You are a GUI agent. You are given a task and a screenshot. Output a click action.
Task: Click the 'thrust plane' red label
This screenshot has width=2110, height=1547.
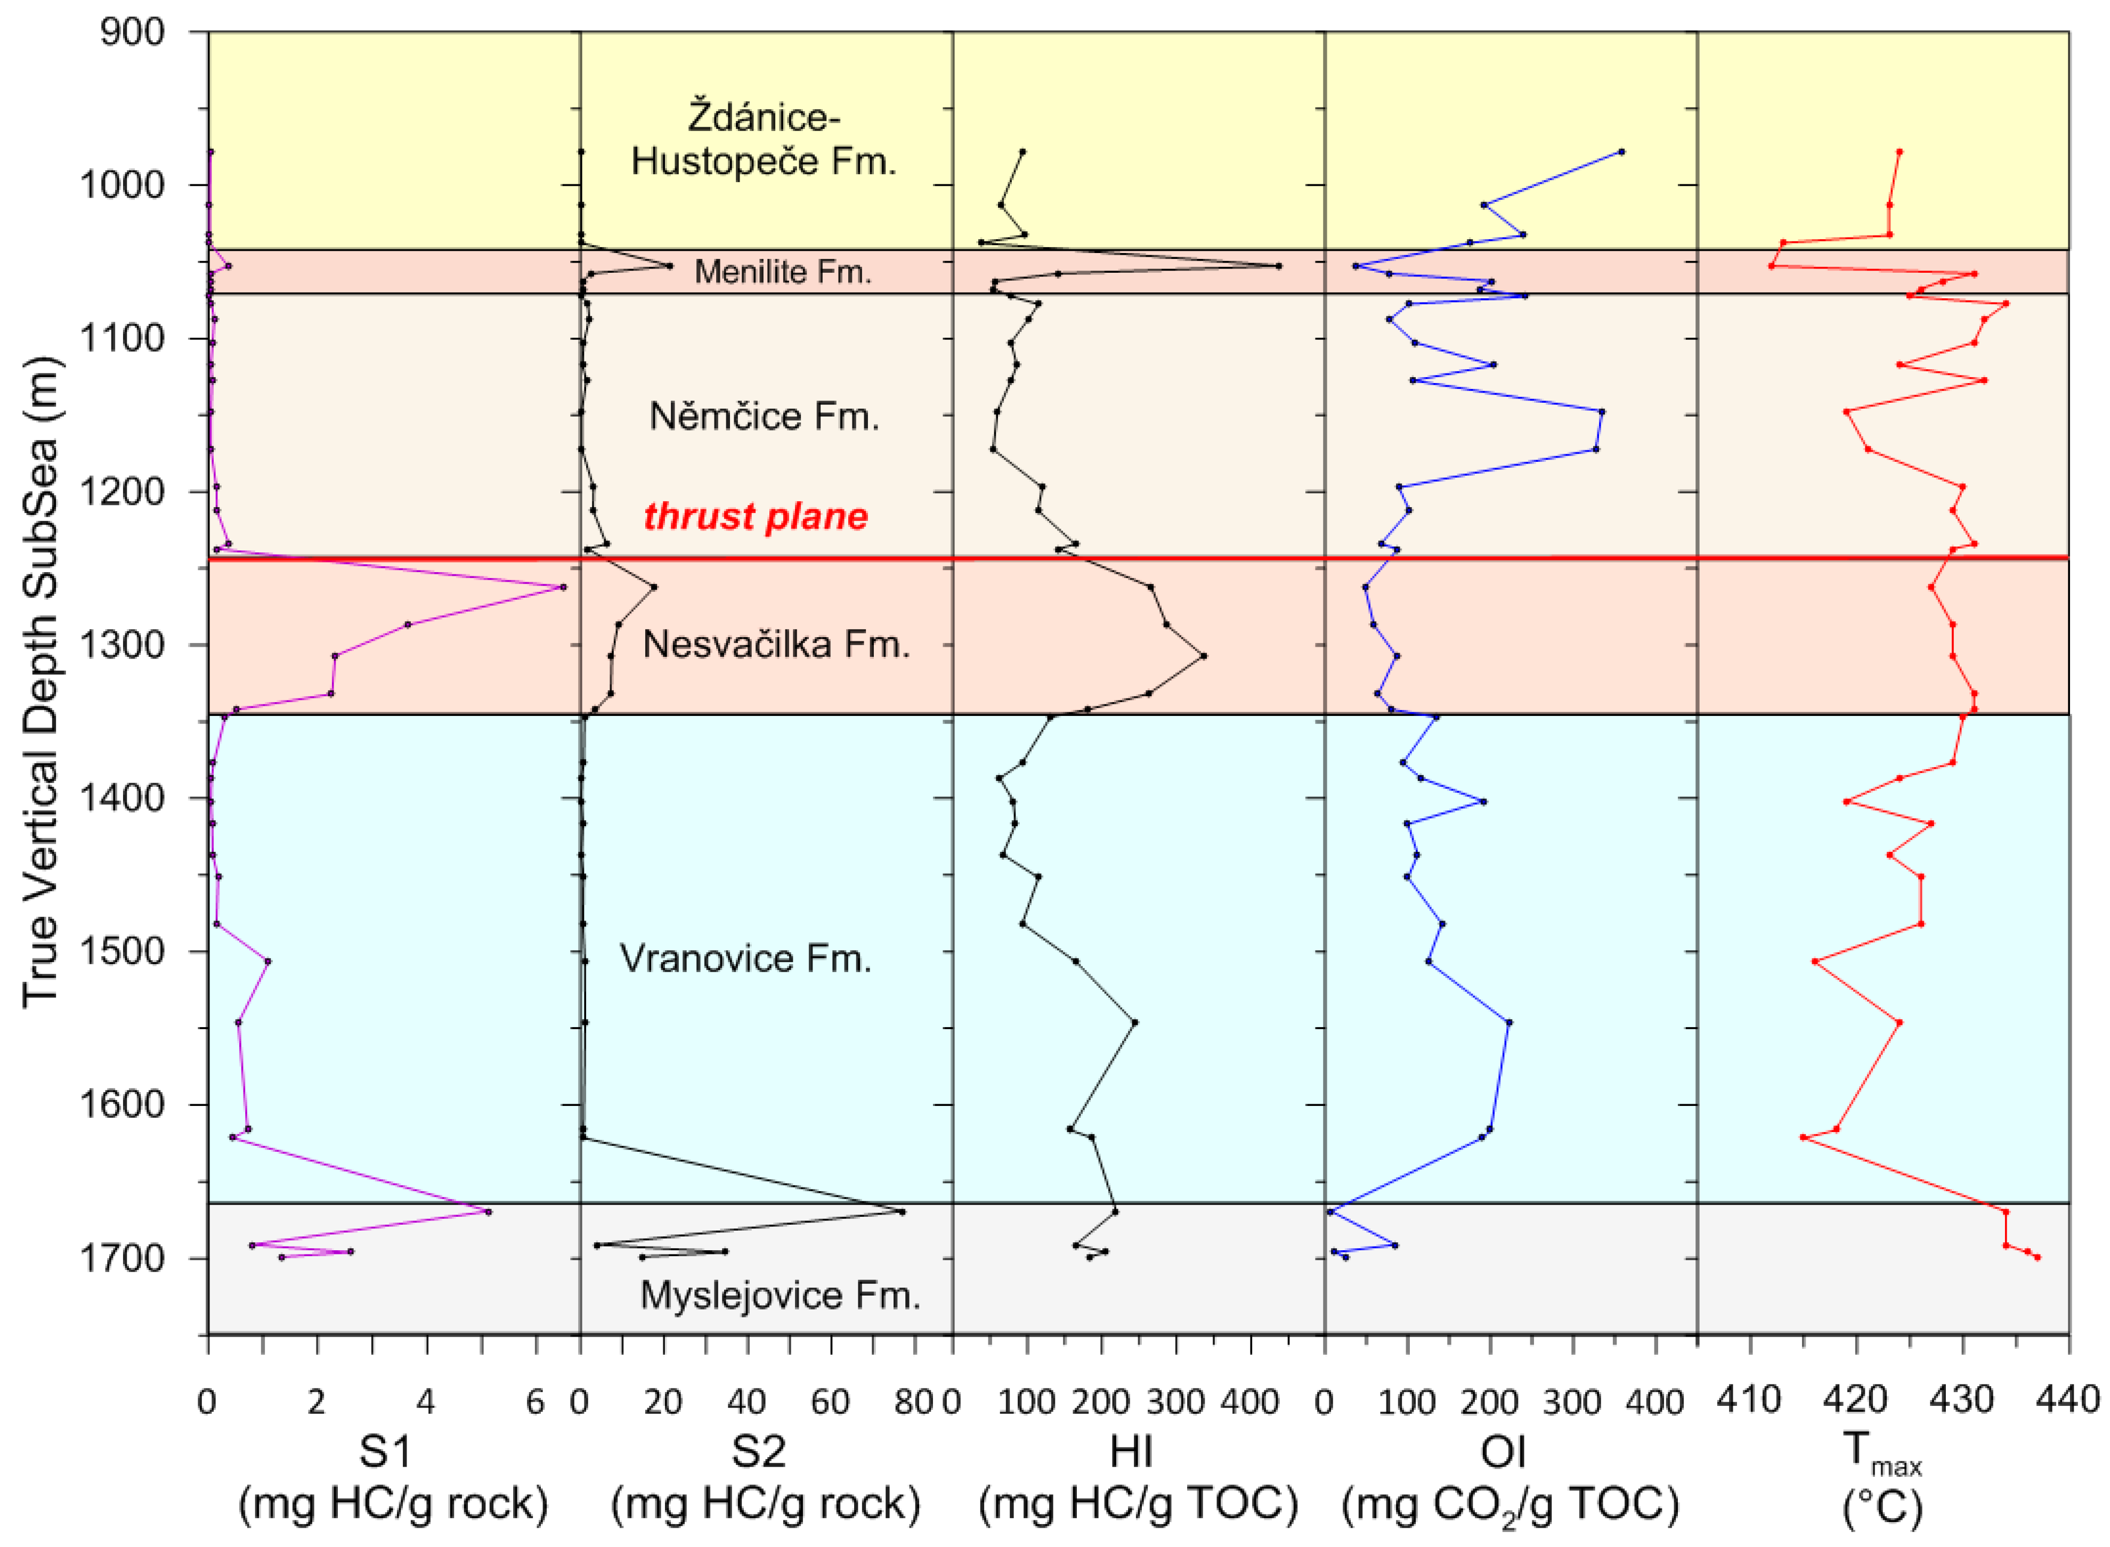755,516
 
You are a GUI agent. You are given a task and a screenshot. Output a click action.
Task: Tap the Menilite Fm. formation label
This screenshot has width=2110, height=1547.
782,272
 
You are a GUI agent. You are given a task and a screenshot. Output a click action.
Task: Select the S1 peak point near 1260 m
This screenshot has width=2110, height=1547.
562,587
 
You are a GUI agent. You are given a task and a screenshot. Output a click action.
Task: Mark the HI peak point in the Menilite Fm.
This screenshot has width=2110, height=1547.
1278,266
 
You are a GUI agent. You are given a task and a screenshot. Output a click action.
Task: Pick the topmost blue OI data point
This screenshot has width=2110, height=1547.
1621,152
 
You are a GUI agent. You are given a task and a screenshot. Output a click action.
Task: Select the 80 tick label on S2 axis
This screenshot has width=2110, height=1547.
914,1402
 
